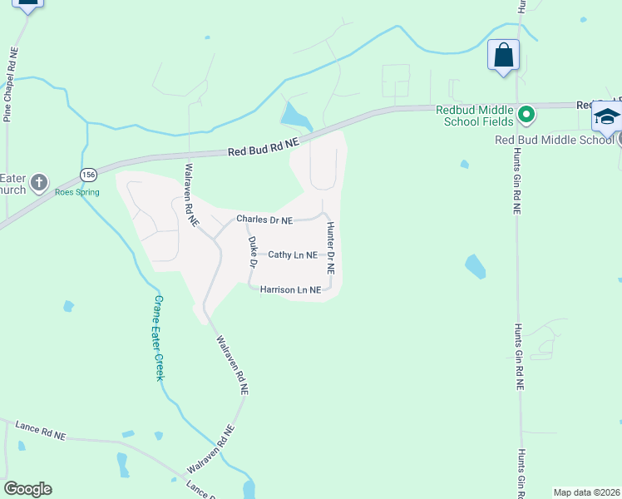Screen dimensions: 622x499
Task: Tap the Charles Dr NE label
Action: (264, 220)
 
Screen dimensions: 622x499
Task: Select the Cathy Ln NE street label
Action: (293, 255)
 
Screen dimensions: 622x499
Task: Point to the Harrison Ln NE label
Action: (290, 290)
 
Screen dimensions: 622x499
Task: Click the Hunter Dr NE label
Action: (330, 249)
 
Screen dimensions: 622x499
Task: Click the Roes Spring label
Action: (77, 192)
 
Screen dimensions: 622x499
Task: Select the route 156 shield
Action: (88, 174)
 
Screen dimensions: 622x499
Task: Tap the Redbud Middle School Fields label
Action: (472, 116)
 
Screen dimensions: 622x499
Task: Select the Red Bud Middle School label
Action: (554, 139)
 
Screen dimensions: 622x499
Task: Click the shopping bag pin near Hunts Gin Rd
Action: (503, 56)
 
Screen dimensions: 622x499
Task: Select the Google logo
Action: (27, 489)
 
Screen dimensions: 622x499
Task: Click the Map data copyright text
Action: (587, 492)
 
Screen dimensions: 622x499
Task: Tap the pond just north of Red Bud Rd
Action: (294, 116)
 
